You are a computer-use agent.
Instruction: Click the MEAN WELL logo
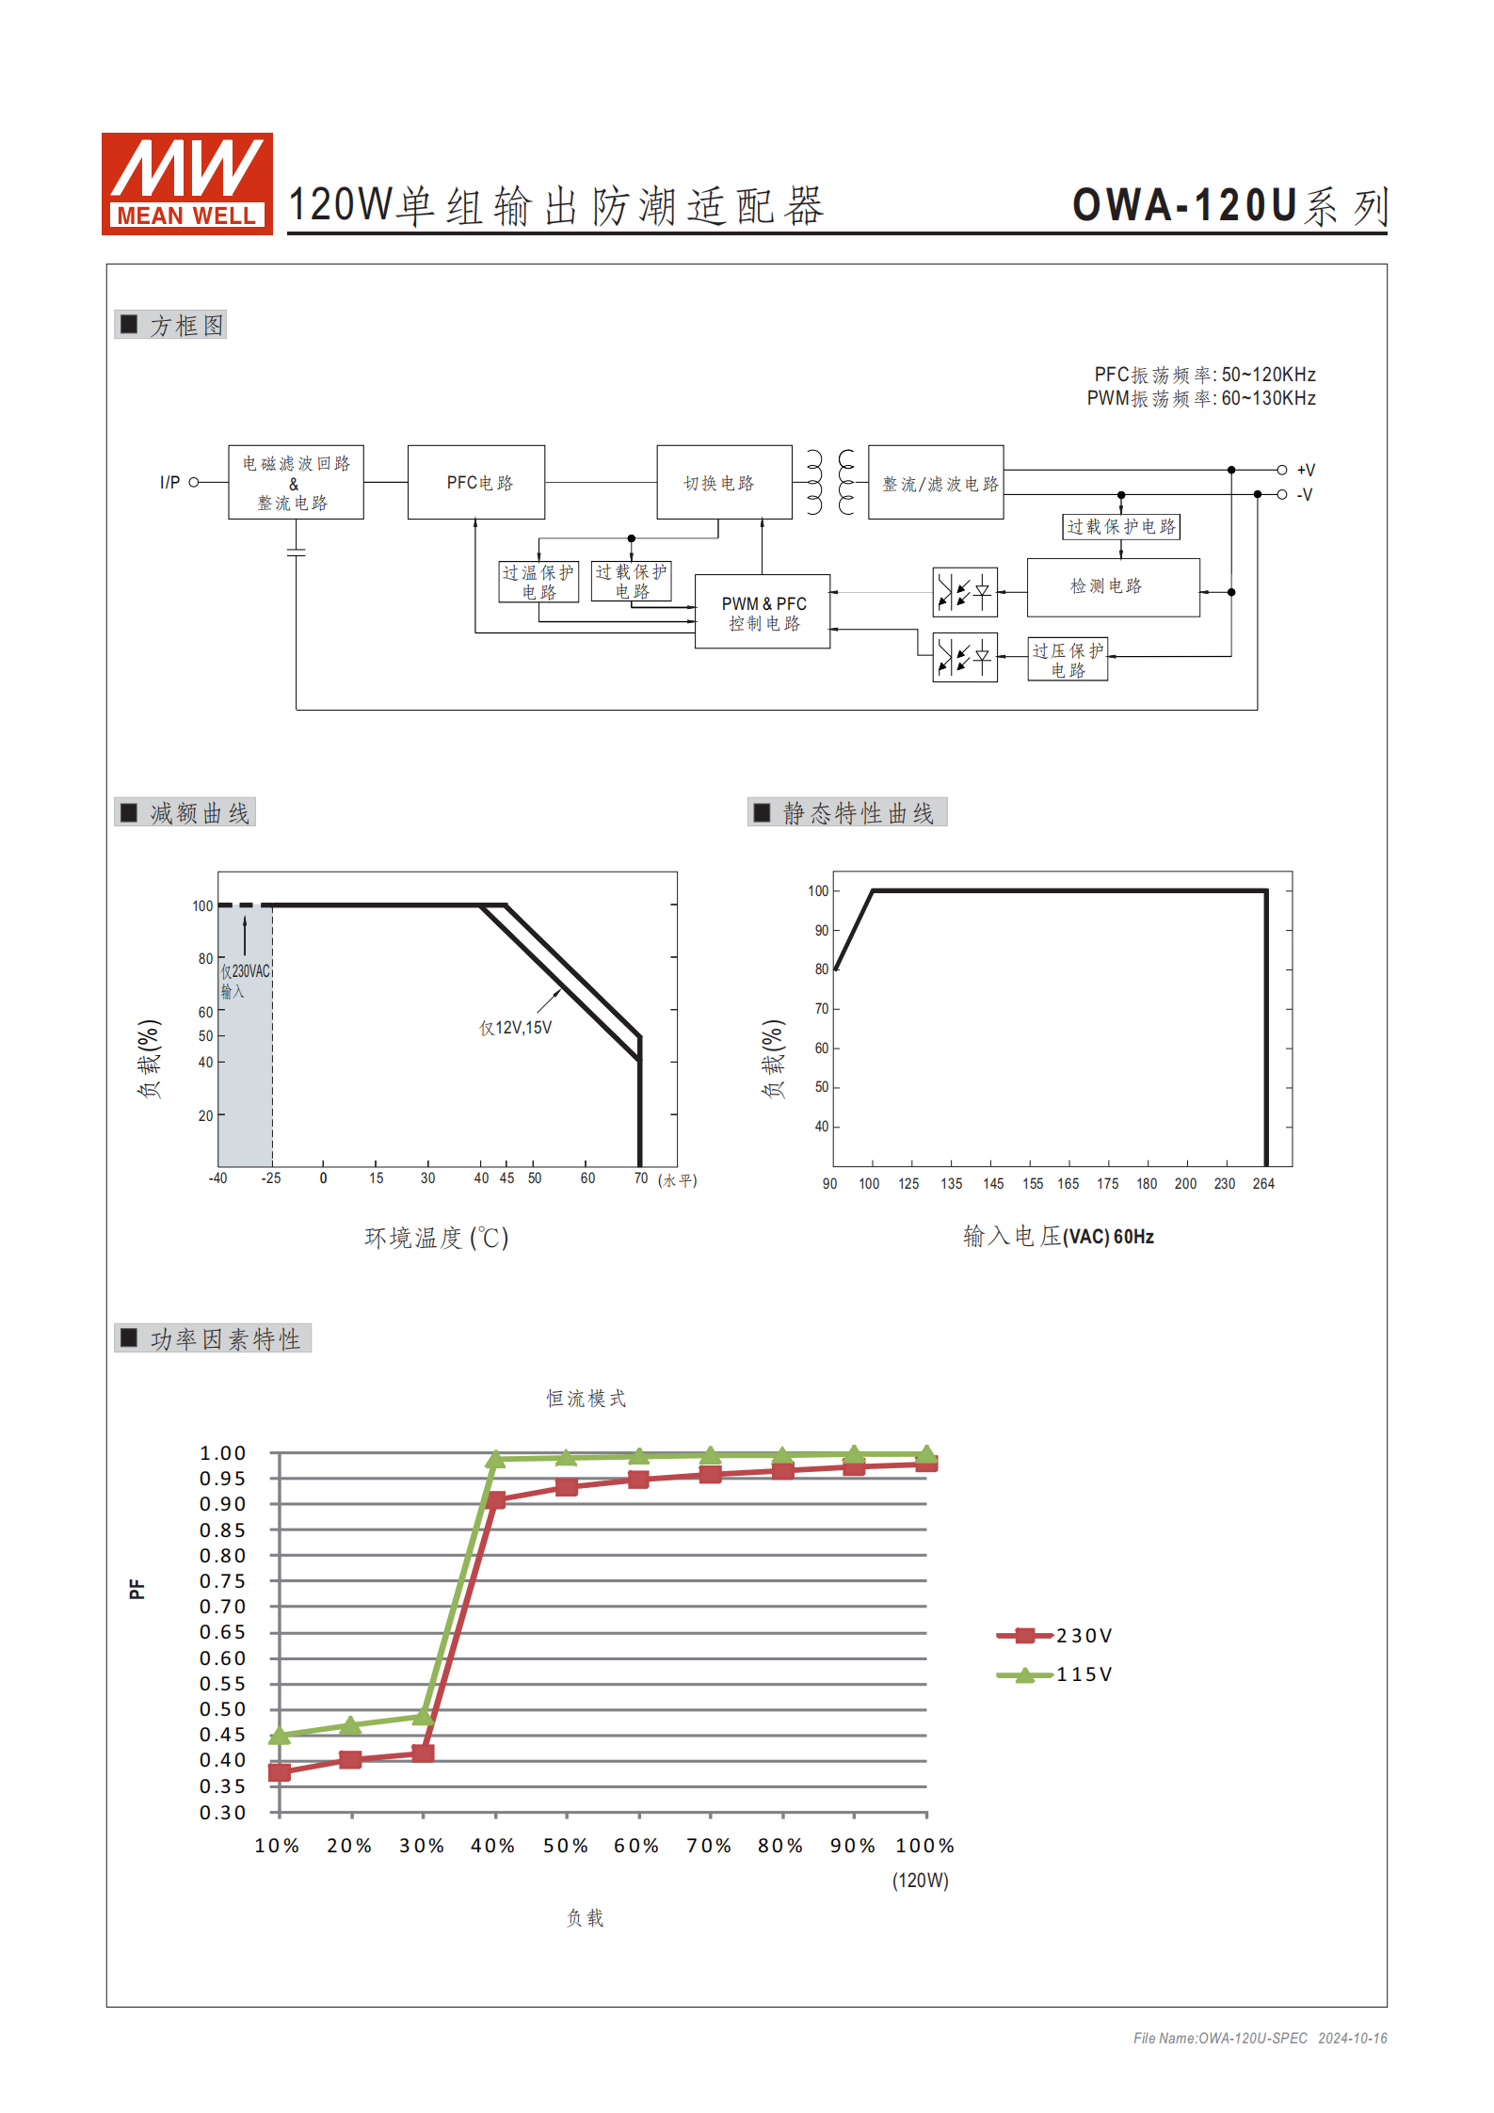pyautogui.click(x=186, y=184)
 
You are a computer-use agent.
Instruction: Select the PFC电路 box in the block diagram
pyautogui.click(x=476, y=482)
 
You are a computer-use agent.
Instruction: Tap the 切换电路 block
pyautogui.click(x=724, y=482)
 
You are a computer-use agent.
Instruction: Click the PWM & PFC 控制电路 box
pyautogui.click(x=763, y=612)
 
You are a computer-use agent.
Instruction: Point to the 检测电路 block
pyautogui.click(x=1114, y=587)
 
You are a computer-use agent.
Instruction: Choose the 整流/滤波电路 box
pyautogui.click(x=936, y=482)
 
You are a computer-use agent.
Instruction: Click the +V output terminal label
pyautogui.click(x=1306, y=470)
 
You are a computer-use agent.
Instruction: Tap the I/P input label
pyautogui.click(x=169, y=482)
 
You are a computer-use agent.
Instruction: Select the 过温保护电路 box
pyautogui.click(x=538, y=582)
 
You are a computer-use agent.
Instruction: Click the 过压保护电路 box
pyautogui.click(x=1068, y=660)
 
